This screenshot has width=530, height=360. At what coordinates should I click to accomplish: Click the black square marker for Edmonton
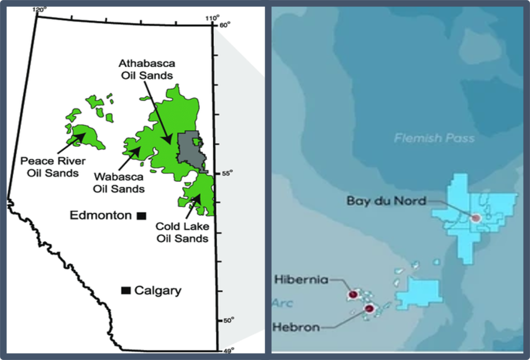tap(140, 215)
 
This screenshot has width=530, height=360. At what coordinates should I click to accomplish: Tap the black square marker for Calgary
tap(125, 291)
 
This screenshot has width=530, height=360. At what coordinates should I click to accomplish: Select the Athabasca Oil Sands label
tap(146, 69)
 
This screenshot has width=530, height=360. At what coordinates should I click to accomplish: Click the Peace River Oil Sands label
tap(53, 167)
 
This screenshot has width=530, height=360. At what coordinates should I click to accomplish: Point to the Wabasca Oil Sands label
tap(119, 183)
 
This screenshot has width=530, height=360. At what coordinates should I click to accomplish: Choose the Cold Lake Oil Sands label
tap(182, 233)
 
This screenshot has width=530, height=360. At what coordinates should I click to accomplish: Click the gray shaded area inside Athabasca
tap(190, 150)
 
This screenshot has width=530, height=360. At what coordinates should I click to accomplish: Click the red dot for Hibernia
tap(353, 295)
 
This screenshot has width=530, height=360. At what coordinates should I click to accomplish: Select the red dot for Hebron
tap(369, 309)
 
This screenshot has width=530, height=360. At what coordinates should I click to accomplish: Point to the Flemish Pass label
tap(434, 138)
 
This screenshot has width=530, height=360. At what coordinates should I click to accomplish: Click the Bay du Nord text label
tap(387, 200)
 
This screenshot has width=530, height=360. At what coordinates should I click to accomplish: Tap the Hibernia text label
tap(301, 280)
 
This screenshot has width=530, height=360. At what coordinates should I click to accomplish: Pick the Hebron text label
tap(296, 327)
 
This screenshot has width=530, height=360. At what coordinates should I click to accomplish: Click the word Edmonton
tap(101, 215)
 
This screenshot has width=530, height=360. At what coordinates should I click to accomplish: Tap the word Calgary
tap(158, 291)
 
